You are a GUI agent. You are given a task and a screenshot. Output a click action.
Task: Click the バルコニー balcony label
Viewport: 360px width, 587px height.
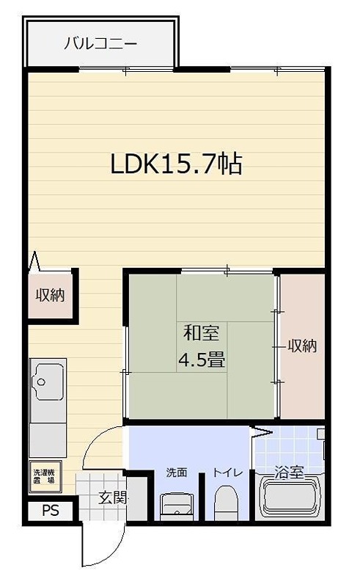point(100,43)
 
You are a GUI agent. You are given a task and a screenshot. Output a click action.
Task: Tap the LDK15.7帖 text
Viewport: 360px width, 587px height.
point(176,164)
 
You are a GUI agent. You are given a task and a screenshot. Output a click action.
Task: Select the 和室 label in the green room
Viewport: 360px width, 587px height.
point(200,334)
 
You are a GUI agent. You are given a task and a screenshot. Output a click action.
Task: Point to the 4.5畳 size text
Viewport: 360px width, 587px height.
point(201,360)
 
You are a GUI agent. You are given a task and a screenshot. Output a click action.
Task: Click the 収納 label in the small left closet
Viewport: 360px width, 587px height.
point(51,295)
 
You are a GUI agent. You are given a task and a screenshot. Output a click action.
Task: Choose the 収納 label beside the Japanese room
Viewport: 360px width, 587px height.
point(301,346)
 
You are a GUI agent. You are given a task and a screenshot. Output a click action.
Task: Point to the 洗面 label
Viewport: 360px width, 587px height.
point(176,473)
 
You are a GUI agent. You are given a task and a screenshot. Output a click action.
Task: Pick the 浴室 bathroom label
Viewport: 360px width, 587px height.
point(289,473)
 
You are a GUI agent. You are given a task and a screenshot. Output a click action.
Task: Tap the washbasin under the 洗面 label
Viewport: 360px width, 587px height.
point(176,506)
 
